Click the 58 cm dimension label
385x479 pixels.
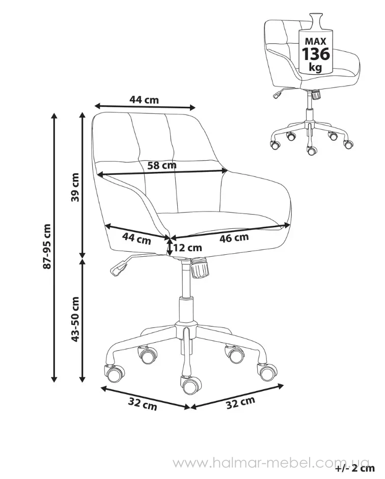(x=162, y=165)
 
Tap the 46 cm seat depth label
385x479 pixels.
(x=234, y=237)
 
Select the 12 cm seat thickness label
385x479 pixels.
(x=187, y=248)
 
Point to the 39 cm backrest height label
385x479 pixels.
(x=75, y=187)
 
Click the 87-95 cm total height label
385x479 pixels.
(x=47, y=247)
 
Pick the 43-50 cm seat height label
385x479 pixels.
(x=75, y=319)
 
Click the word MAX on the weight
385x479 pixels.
(x=316, y=41)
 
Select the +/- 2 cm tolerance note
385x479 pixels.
(x=355, y=468)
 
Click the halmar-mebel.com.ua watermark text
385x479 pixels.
(x=271, y=463)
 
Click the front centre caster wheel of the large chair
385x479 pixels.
(x=190, y=385)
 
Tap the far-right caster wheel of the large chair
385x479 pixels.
(x=267, y=372)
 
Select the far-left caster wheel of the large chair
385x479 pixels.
(x=115, y=373)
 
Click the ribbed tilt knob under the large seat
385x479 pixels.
(x=200, y=268)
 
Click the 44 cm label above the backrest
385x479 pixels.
(x=144, y=100)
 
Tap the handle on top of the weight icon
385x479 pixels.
(x=316, y=20)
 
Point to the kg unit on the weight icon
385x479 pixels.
(x=316, y=67)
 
